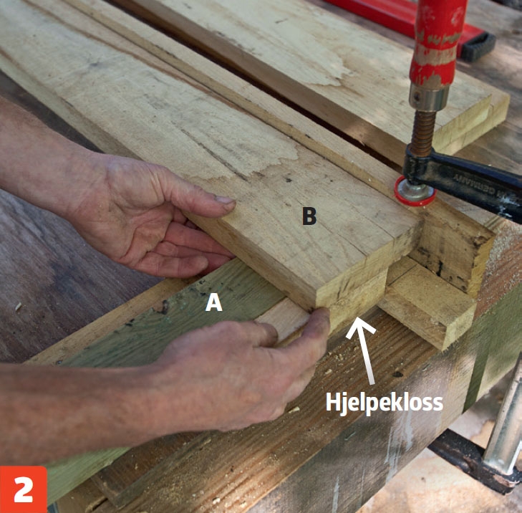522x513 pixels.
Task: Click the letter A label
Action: pyautogui.click(x=213, y=303)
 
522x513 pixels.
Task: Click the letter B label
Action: pyautogui.click(x=309, y=216)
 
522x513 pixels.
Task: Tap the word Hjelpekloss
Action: pyautogui.click(x=385, y=403)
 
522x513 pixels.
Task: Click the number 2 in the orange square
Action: pyautogui.click(x=24, y=489)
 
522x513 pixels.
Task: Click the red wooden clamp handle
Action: pyautogui.click(x=437, y=43)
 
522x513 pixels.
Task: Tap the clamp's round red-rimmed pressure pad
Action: pyautogui.click(x=414, y=191)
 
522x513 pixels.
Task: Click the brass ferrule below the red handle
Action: pyautogui.click(x=428, y=97)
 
